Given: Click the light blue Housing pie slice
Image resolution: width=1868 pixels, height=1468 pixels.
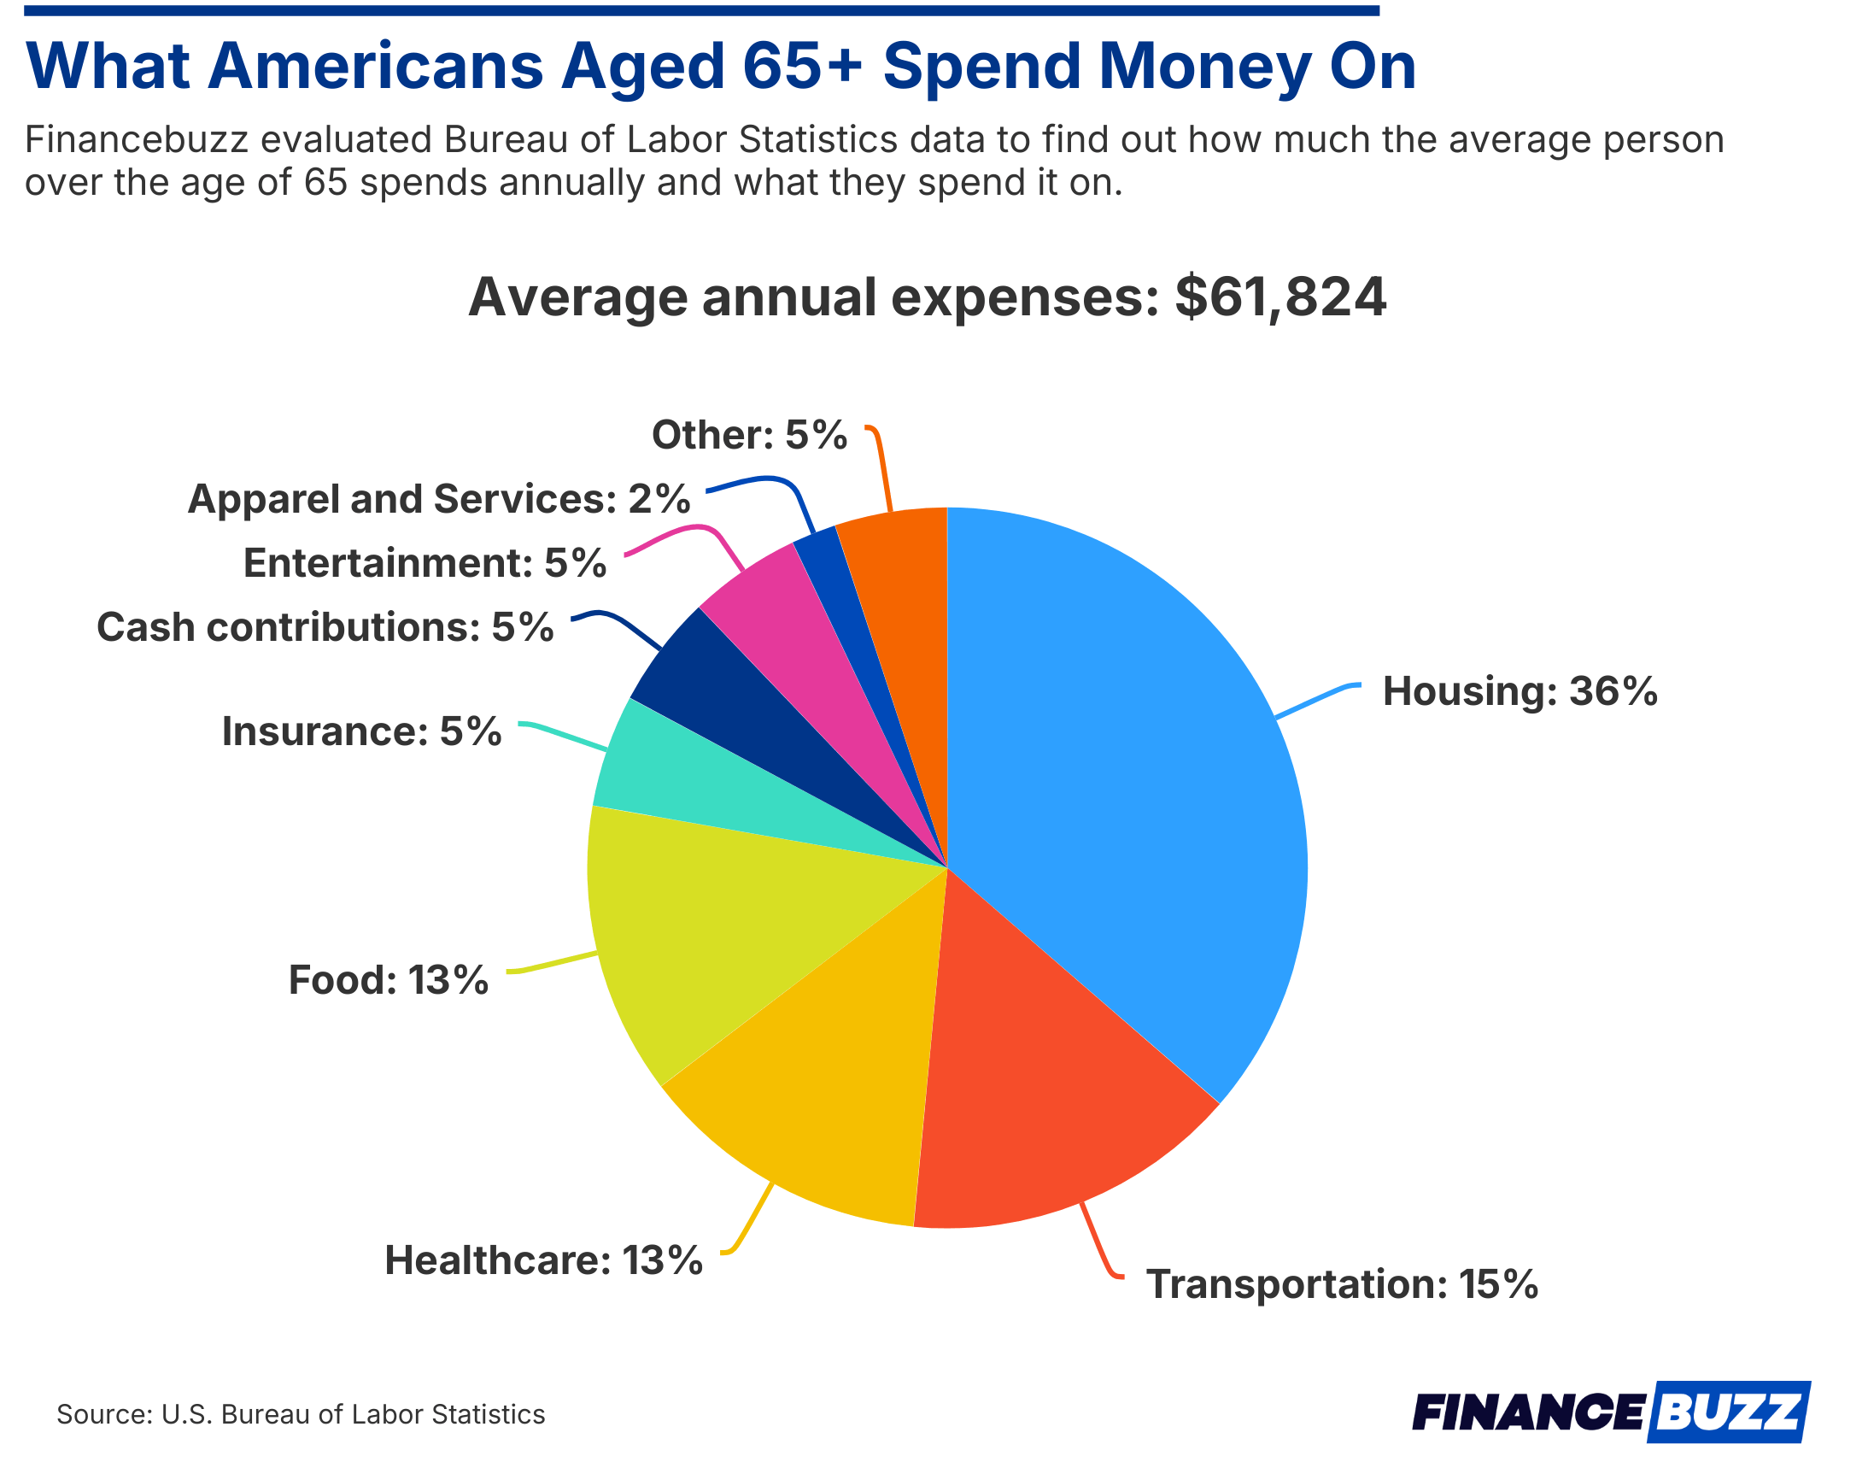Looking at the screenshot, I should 1134,773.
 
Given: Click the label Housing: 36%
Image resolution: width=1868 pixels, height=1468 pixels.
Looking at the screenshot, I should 1519,692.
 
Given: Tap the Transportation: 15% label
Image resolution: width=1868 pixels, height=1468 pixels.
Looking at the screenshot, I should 1341,1284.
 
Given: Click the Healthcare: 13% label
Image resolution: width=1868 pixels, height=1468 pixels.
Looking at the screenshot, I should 543,1261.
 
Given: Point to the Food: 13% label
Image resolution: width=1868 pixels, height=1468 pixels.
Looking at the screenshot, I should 389,980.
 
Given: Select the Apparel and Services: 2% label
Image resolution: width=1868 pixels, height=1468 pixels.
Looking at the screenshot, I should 438,499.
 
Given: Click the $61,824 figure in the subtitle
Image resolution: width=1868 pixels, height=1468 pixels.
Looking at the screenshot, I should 1279,297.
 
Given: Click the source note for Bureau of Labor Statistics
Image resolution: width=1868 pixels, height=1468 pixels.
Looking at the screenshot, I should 301,1415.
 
